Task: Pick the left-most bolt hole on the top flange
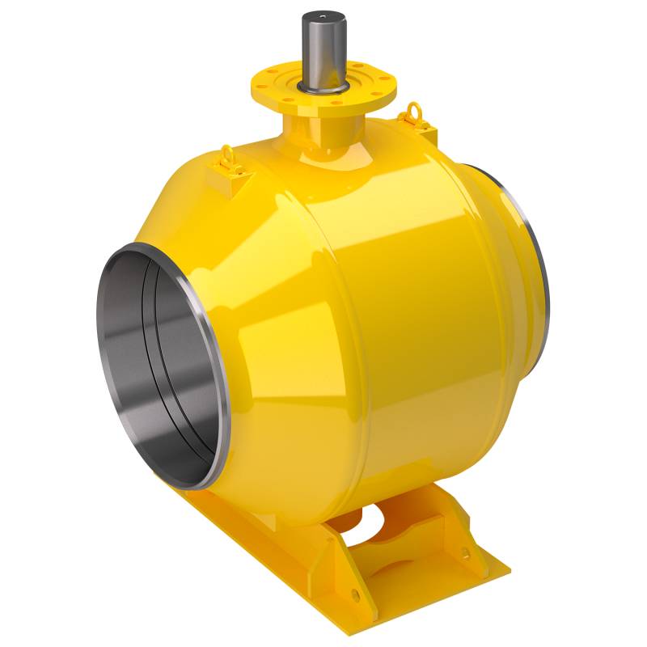click(263, 81)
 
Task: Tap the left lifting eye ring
click(229, 154)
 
